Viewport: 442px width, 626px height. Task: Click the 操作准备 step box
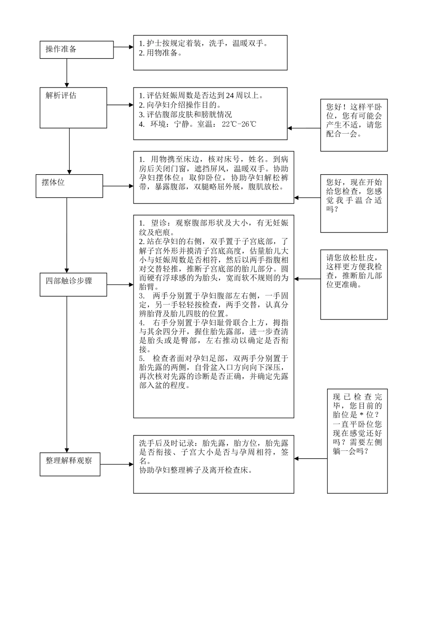(x=76, y=49)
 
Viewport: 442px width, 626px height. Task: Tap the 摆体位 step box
(x=69, y=186)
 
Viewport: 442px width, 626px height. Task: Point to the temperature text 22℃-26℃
(x=239, y=124)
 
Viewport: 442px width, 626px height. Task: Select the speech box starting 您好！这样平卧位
(x=354, y=125)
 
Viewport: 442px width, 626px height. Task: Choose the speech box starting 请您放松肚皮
(x=354, y=284)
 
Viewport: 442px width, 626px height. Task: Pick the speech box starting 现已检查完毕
(x=357, y=441)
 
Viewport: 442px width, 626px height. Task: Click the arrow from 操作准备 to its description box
(x=123, y=47)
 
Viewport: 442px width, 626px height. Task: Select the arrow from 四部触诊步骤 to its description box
(x=120, y=285)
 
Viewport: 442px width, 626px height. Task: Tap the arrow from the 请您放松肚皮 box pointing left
(x=307, y=279)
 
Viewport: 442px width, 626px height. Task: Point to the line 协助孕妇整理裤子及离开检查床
(x=195, y=470)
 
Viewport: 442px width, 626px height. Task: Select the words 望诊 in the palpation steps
(x=159, y=223)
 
